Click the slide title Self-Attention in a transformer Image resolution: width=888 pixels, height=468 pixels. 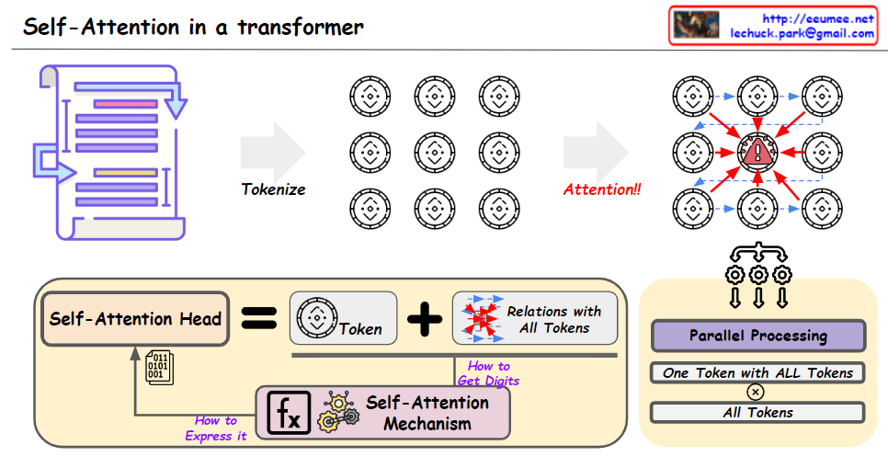click(193, 26)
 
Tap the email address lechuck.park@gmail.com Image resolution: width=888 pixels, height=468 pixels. click(802, 33)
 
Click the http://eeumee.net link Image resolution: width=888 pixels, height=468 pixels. click(819, 17)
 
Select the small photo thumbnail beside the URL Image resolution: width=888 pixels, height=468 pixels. click(696, 25)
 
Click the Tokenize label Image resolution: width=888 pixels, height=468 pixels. click(273, 189)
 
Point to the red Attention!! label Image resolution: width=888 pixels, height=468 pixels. click(602, 189)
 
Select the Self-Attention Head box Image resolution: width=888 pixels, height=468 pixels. click(135, 319)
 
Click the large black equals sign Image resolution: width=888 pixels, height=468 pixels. click(258, 319)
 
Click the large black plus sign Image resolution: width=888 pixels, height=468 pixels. click(425, 319)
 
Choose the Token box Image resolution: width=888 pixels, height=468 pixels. click(343, 319)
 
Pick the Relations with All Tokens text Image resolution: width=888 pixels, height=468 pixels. click(553, 319)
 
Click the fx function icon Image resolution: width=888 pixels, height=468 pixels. click(288, 413)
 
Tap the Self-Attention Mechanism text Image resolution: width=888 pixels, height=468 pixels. click(427, 413)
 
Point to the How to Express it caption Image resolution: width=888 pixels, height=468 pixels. click(216, 428)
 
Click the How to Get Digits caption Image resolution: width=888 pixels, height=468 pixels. click(488, 373)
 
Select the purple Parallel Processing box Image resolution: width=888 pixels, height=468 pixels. click(757, 336)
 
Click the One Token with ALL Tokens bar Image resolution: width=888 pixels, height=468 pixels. click(757, 372)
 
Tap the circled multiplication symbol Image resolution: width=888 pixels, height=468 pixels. click(756, 392)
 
